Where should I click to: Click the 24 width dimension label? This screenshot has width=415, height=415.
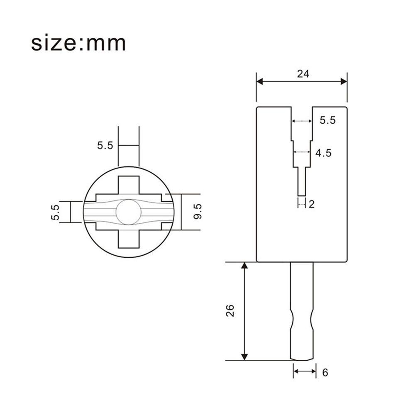click(303, 74)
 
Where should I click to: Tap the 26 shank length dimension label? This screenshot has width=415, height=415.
click(230, 310)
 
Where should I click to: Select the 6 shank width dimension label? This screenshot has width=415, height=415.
click(325, 373)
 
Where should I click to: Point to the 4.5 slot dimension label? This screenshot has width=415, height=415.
click(323, 153)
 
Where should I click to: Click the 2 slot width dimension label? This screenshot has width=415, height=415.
click(312, 204)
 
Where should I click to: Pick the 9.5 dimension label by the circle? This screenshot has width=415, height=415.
click(198, 211)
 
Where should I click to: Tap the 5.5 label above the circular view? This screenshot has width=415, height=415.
click(105, 145)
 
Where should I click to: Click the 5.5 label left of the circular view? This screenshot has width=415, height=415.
click(56, 212)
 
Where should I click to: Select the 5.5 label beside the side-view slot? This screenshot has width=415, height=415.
click(327, 120)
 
